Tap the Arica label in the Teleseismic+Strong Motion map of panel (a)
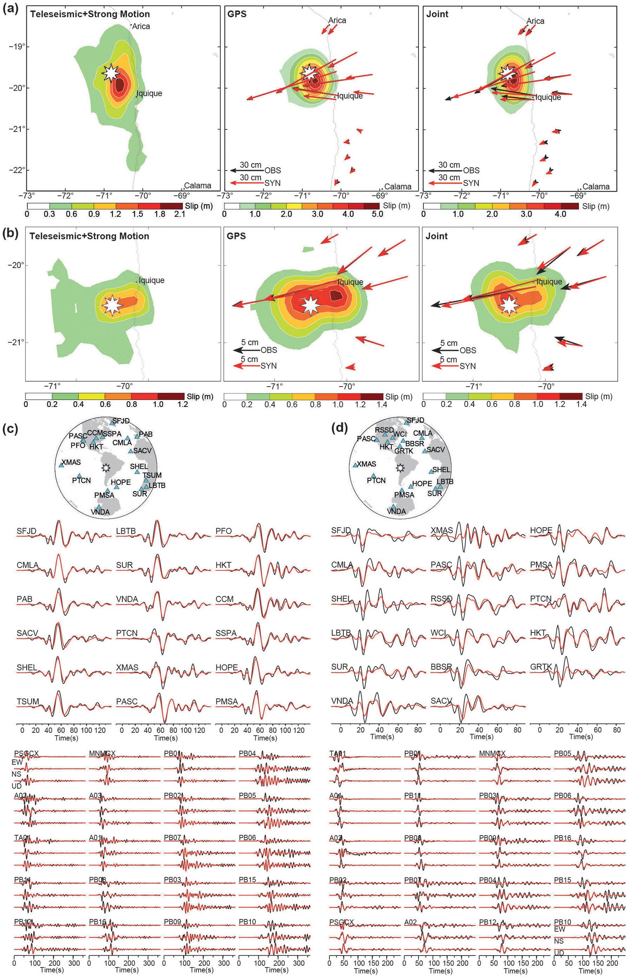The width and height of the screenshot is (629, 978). click(x=141, y=27)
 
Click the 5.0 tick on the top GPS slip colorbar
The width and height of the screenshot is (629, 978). click(x=377, y=214)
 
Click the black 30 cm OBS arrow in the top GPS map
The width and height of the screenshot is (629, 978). click(x=247, y=170)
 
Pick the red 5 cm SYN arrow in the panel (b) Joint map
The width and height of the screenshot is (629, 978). click(x=445, y=366)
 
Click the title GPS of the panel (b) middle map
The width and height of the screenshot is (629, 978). click(x=236, y=236)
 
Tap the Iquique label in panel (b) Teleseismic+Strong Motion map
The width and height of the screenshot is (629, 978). click(x=151, y=280)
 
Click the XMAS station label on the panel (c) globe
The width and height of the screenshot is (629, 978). click(x=71, y=463)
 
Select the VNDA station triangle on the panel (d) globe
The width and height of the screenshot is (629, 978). click(x=393, y=507)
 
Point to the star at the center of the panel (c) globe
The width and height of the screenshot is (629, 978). click(x=106, y=467)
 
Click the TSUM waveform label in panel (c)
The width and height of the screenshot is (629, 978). click(x=28, y=702)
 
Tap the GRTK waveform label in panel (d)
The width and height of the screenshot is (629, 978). click(x=541, y=667)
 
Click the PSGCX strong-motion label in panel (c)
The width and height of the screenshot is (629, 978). click(x=26, y=753)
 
